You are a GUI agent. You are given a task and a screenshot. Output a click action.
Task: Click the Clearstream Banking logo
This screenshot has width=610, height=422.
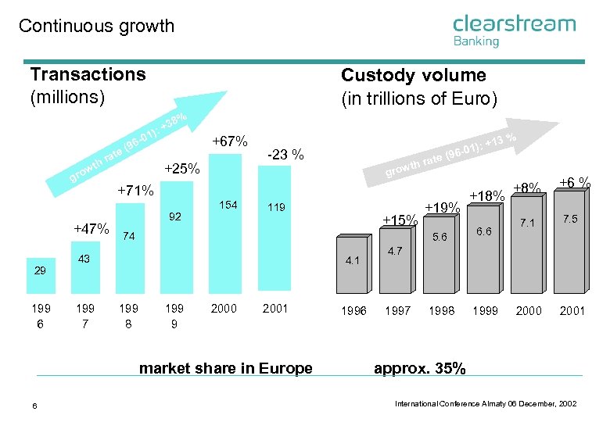coord(514,30)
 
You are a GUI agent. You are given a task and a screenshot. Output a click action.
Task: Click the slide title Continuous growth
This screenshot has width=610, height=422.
coord(96,26)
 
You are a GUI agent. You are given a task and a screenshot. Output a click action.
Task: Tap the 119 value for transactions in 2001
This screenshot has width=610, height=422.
coord(275,208)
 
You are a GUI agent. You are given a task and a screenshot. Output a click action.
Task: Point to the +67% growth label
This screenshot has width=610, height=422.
coord(230,141)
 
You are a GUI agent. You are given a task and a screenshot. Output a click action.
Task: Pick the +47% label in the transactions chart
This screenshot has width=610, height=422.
coord(91,229)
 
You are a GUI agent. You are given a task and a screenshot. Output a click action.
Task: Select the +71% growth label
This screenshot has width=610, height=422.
coord(135,190)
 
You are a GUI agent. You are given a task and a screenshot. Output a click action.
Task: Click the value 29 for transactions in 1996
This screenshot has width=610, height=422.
coord(40,270)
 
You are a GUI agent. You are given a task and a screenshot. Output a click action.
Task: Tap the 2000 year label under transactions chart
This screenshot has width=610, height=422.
coord(224,308)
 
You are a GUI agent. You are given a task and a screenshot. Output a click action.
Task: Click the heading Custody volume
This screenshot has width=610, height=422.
coord(413,75)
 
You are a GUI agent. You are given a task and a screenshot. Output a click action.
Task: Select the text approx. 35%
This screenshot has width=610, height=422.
coord(420,369)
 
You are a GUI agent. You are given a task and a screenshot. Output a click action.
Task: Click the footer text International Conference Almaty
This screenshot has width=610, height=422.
coord(486,403)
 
